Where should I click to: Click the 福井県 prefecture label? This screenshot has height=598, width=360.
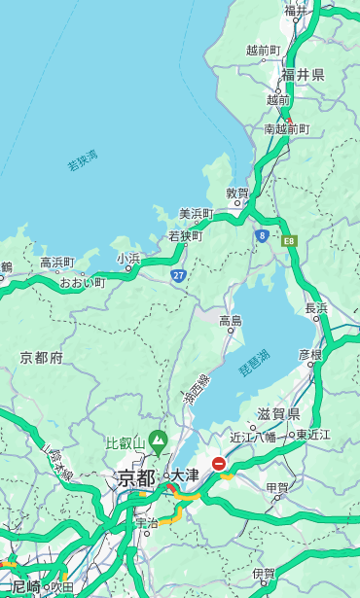pos(303,75)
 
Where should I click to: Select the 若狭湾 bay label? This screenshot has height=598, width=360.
pos(82,160)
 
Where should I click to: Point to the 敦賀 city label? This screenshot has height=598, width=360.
pos(237,193)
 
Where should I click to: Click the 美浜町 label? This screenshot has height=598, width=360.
pos(196,214)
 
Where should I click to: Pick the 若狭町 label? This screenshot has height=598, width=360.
pos(186,236)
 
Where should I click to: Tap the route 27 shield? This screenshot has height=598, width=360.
pos(178,275)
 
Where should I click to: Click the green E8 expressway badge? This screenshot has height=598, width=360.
pos(288,240)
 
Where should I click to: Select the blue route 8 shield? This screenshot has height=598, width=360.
pos(262,235)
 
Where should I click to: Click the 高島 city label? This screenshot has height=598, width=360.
pos(231,320)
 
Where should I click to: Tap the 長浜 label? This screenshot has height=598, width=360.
pos(316,308)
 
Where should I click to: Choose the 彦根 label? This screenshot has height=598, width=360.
pos(309,355)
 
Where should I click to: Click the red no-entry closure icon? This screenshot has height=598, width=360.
pos(219,464)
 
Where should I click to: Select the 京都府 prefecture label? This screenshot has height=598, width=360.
pos(42,358)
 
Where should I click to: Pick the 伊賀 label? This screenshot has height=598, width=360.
pos(263,574)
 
